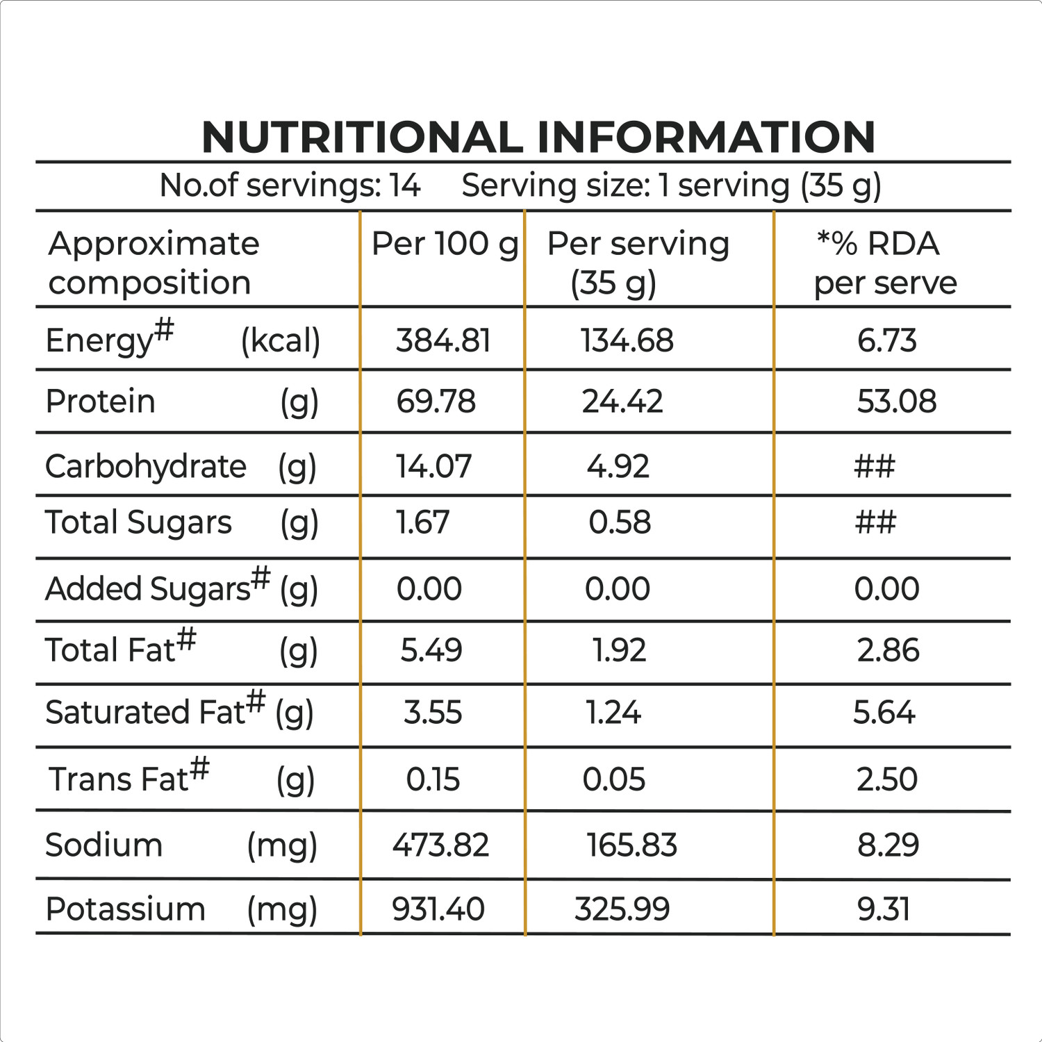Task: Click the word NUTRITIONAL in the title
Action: pos(361,137)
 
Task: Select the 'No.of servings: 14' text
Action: pos(290,185)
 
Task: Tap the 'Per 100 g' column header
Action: pos(445,245)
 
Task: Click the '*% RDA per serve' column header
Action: pos(884,263)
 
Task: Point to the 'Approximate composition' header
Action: pos(153,263)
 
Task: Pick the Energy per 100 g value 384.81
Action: pos(443,340)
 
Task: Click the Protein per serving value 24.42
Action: pos(622,402)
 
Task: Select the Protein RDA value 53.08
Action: pos(896,402)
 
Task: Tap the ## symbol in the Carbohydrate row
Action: pos(875,466)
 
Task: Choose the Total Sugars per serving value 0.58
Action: pos(620,522)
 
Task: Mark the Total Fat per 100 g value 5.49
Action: pos(431,650)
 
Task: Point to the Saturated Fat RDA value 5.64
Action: pos(884,713)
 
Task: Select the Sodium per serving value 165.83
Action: pos(631,845)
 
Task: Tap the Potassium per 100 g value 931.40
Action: pos(438,909)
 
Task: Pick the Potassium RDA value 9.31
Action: pos(883,909)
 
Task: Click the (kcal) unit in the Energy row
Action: pos(281,341)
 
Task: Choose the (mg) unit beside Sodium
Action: pos(282,846)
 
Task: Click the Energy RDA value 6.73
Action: pos(886,340)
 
